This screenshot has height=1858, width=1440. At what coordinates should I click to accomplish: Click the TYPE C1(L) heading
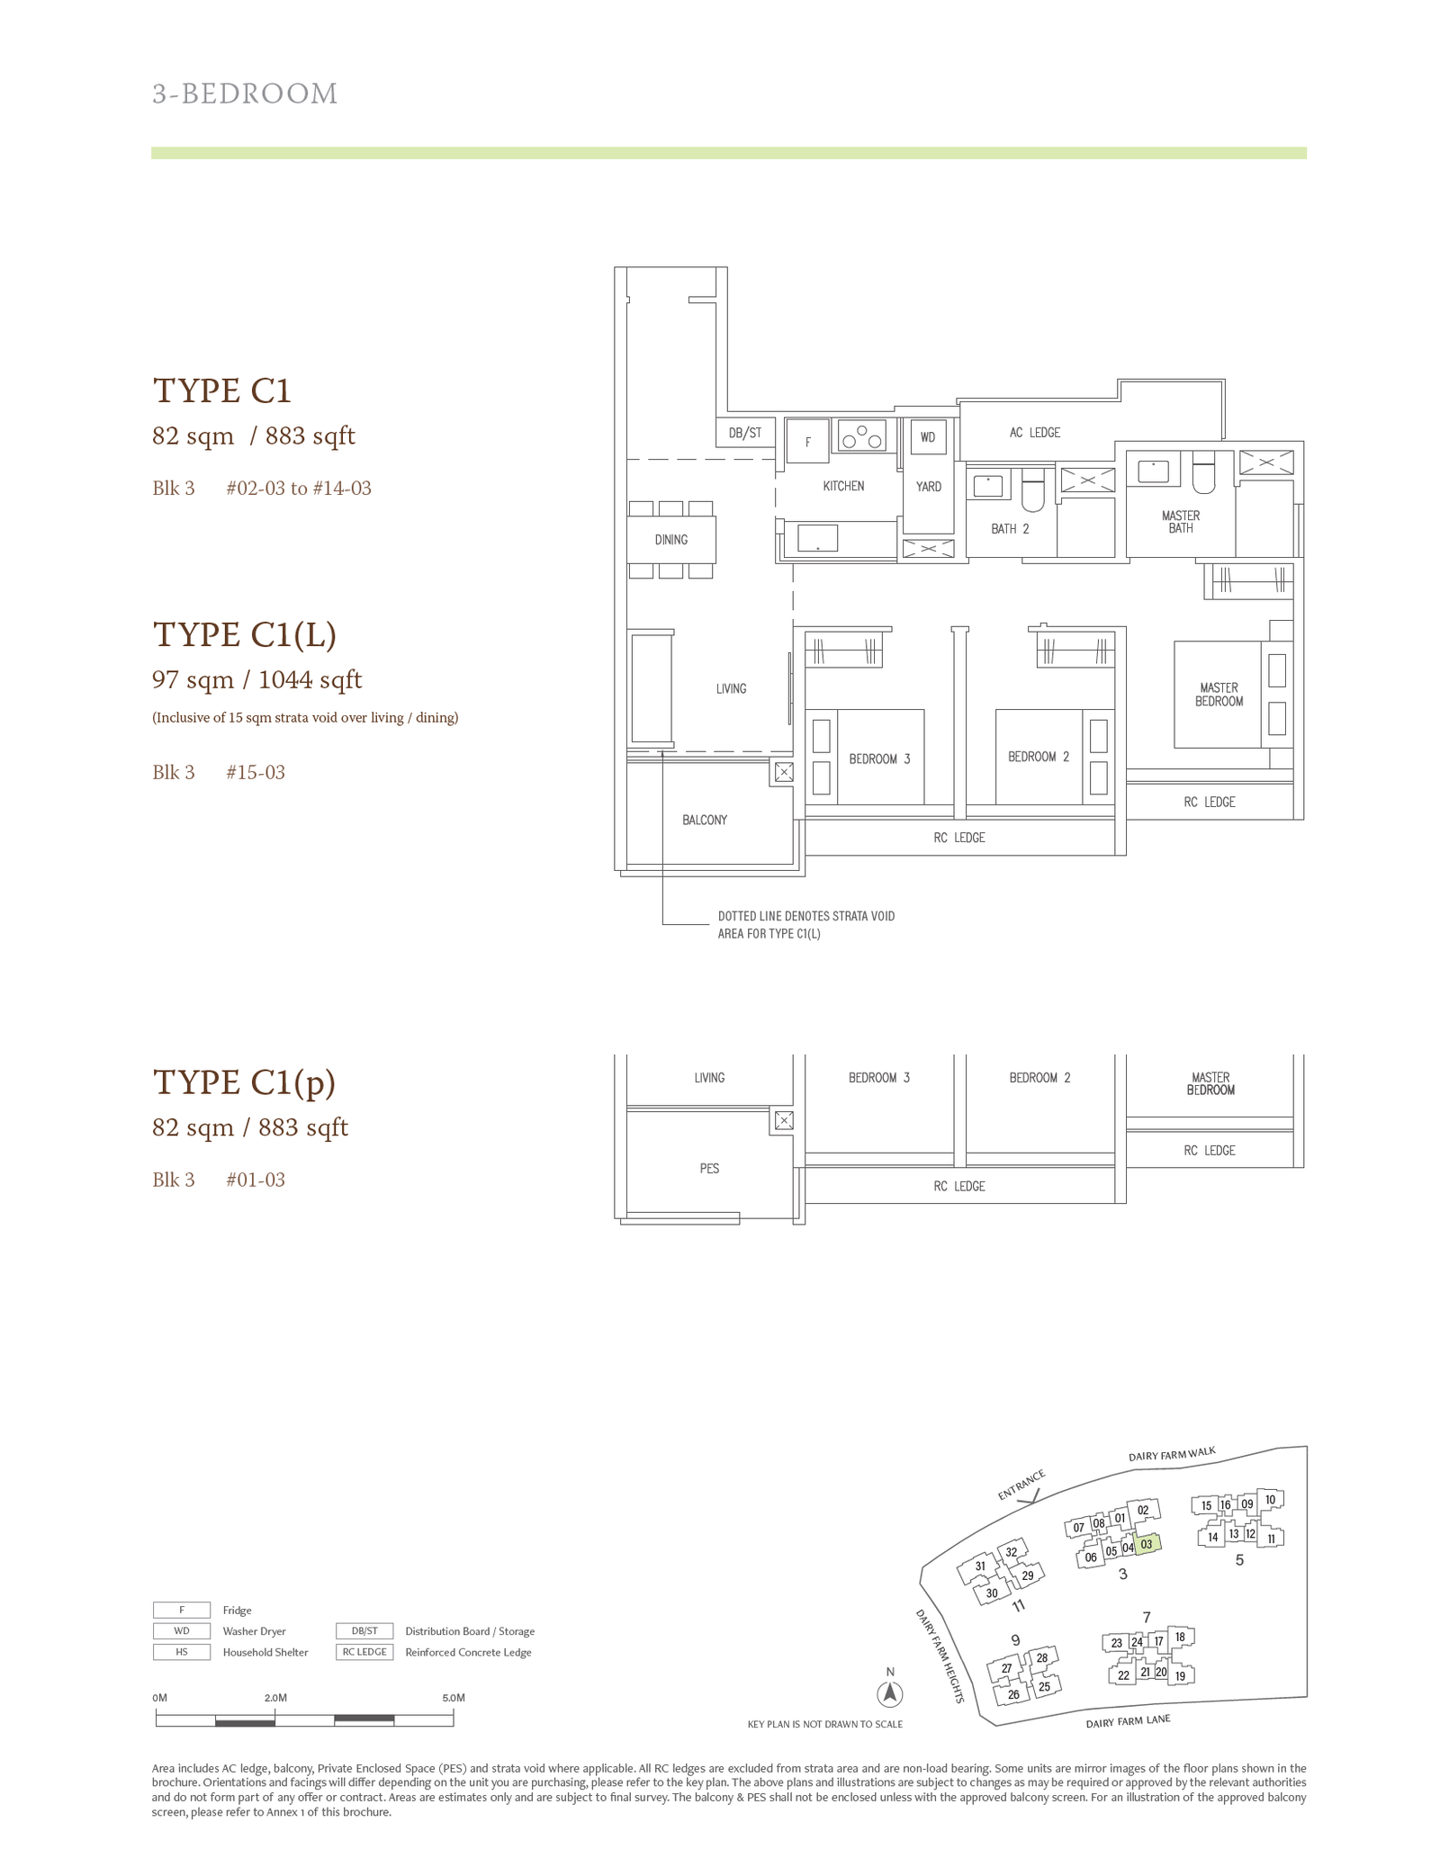tap(245, 634)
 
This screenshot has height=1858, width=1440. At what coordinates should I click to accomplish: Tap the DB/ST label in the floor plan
tap(745, 433)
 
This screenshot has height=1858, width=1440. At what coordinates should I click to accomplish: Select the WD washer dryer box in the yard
tap(928, 437)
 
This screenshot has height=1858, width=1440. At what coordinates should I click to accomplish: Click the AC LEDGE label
tap(1035, 433)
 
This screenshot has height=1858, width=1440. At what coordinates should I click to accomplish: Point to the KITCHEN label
tap(843, 486)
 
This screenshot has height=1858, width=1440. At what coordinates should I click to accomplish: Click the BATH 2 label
tap(1010, 529)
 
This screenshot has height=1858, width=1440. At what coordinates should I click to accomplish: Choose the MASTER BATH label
tap(1181, 522)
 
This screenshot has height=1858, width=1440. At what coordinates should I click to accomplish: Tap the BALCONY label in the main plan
tap(705, 820)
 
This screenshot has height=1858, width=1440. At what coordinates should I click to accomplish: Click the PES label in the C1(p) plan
tap(709, 1169)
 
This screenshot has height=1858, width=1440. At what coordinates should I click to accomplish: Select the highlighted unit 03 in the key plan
tap(1147, 1544)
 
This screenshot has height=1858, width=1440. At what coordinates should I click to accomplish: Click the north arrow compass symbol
tap(890, 1694)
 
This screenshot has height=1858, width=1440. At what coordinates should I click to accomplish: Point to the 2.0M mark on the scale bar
tap(275, 1698)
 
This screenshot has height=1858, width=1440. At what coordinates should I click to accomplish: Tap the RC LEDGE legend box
tap(364, 1652)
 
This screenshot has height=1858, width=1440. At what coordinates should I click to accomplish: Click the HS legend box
tap(182, 1652)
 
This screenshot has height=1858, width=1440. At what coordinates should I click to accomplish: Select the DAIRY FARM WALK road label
tap(1172, 1454)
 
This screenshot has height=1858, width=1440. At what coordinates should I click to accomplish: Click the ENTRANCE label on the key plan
tap(1021, 1486)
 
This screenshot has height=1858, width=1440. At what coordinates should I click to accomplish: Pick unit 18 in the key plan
tap(1180, 1637)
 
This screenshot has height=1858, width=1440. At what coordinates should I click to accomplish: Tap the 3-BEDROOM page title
tap(245, 94)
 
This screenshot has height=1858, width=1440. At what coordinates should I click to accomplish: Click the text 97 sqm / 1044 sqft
tap(256, 679)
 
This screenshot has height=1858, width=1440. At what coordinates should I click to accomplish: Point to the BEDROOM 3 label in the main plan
tap(879, 759)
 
